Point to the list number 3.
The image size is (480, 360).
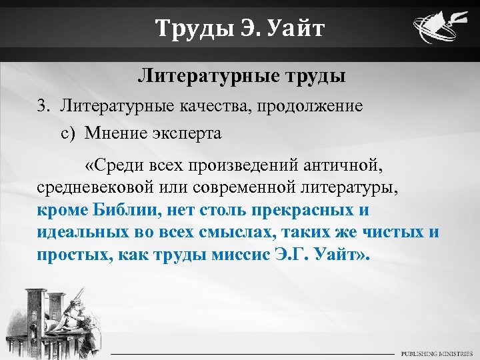(x=43, y=105)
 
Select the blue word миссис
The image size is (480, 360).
(x=247, y=255)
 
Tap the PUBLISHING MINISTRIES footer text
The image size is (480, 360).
(x=437, y=352)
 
